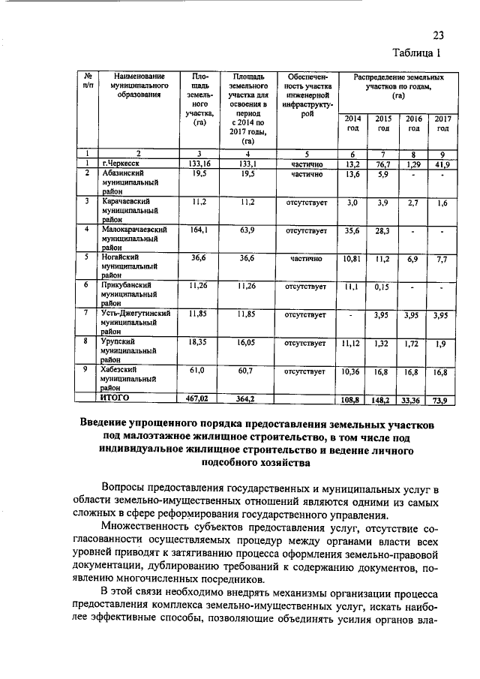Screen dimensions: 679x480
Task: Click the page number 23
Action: (x=439, y=35)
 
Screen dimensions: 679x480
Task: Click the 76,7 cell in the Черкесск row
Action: (x=383, y=164)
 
